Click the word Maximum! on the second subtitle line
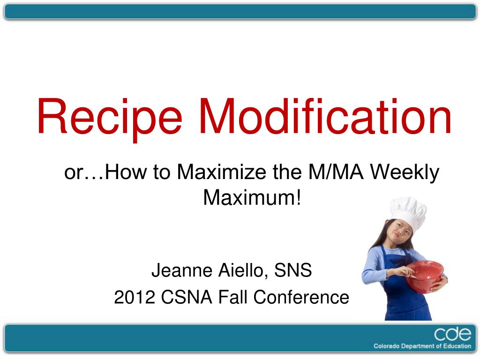(252, 198)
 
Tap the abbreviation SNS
(293, 270)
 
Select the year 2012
(135, 297)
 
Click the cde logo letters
(452, 334)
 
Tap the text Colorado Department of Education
(422, 346)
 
